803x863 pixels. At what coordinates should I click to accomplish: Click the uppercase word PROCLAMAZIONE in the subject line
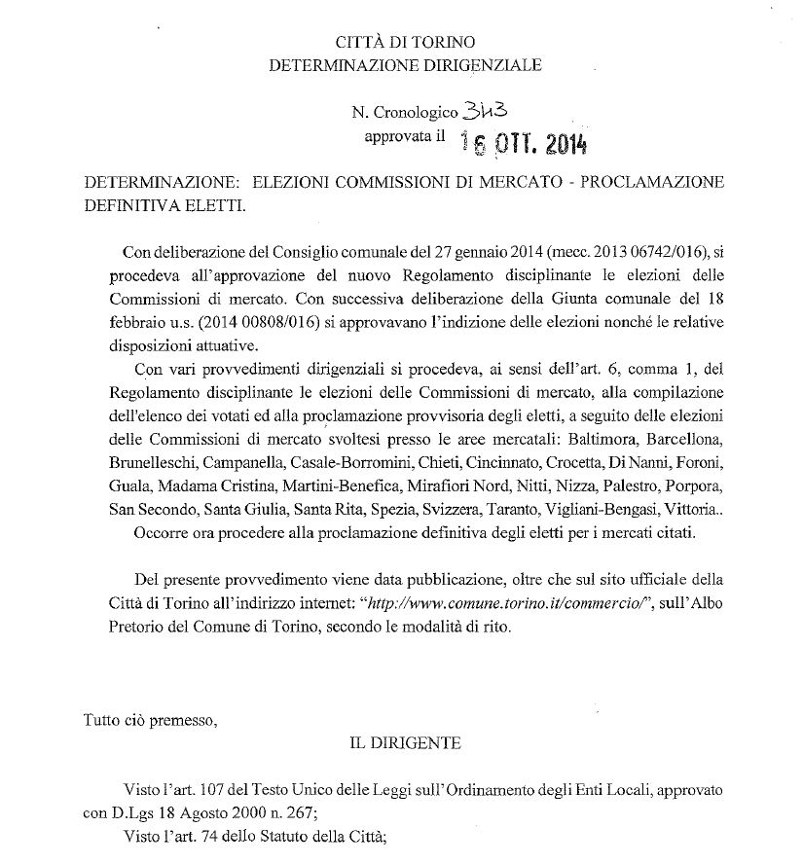pyautogui.click(x=655, y=183)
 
